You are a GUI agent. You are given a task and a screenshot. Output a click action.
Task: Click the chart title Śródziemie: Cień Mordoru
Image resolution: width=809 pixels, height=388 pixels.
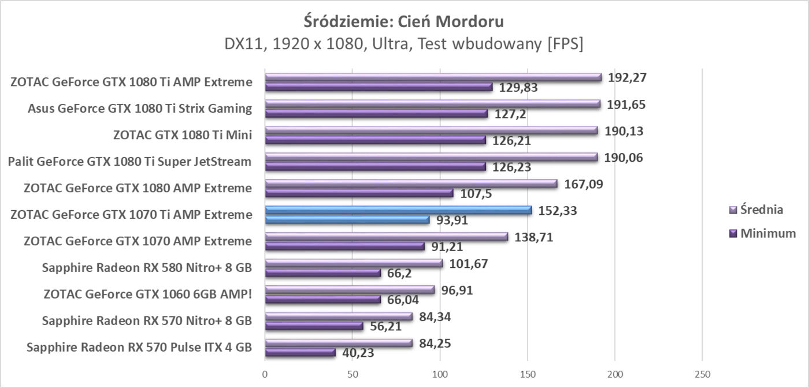tap(404, 22)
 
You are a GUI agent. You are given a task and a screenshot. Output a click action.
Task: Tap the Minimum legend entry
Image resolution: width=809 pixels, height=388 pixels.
tap(762, 233)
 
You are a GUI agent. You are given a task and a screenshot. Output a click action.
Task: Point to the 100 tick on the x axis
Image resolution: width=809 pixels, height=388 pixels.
tap(440, 373)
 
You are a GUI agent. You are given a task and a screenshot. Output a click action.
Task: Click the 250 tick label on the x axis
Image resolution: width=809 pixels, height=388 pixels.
tap(702, 373)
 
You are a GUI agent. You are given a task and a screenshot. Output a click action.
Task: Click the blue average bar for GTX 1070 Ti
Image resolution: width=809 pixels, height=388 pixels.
tap(398, 210)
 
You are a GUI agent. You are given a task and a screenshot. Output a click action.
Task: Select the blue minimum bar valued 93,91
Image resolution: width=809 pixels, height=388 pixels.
tap(347, 220)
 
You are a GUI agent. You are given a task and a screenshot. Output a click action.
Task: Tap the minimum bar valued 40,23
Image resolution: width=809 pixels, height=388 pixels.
tap(300, 352)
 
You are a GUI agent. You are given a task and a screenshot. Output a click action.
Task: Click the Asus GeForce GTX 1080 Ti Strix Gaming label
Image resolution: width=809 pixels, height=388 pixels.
tap(140, 109)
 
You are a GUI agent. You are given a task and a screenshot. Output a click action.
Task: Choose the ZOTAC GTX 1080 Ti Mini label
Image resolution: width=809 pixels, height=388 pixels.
tap(183, 135)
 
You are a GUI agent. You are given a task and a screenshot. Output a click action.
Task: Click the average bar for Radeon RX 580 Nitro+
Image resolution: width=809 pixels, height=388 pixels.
tap(354, 263)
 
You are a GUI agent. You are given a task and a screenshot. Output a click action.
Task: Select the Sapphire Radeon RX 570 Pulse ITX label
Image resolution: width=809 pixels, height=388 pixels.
tap(139, 348)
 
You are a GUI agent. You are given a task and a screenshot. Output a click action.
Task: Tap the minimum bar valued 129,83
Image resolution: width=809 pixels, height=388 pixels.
tap(378, 87)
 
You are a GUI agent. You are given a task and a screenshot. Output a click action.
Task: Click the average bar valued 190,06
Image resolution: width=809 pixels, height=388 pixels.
tap(431, 157)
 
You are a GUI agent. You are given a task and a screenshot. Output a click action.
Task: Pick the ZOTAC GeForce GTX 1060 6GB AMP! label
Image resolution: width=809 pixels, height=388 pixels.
tap(148, 294)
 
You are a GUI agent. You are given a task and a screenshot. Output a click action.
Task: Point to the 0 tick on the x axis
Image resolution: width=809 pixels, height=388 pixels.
tap(265, 373)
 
